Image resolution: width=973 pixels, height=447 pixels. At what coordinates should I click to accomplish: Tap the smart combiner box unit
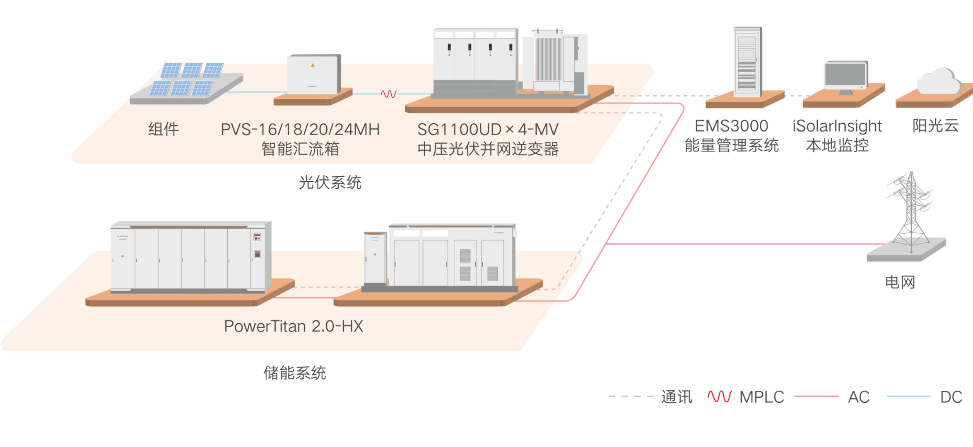[x=313, y=74]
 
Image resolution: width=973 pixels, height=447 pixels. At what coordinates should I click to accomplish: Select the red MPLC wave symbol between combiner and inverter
[x=388, y=94]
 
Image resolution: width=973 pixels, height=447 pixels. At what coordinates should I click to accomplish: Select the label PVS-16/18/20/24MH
[x=300, y=130]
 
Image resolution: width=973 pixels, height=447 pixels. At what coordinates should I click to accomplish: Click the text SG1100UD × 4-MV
[x=488, y=130]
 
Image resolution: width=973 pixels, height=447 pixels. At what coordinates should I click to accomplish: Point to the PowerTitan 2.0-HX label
[x=293, y=326]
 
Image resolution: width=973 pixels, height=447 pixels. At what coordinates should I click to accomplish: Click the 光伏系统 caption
[x=330, y=182]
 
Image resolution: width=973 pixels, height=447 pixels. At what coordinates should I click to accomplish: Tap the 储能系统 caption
[x=294, y=373]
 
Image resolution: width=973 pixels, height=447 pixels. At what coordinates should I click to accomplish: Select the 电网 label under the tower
[x=900, y=282]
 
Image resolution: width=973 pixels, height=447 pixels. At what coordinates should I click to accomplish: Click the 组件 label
[x=164, y=129]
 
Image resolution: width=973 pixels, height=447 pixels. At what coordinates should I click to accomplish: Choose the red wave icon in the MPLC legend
[x=720, y=397]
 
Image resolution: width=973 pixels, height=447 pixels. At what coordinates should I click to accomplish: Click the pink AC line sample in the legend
[x=816, y=397]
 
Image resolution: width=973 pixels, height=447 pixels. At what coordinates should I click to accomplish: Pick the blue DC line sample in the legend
[x=908, y=397]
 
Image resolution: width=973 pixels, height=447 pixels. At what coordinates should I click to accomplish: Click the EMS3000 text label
[x=731, y=126]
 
